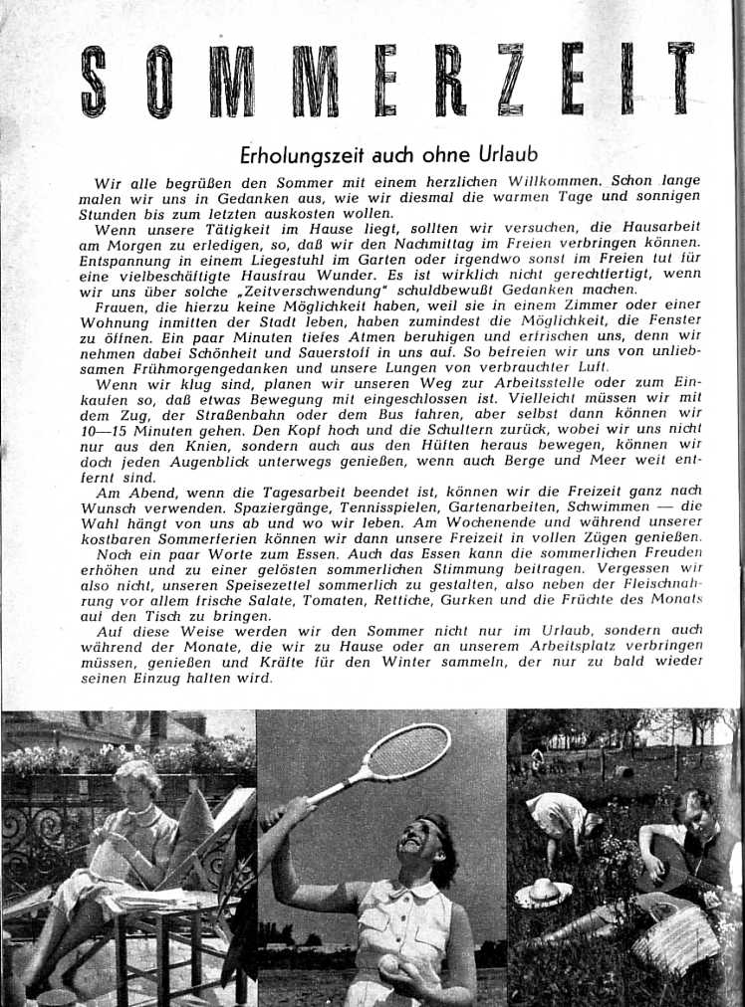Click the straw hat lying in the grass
click(x=543, y=892)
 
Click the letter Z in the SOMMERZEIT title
click(x=510, y=80)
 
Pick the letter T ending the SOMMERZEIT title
click(x=681, y=80)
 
